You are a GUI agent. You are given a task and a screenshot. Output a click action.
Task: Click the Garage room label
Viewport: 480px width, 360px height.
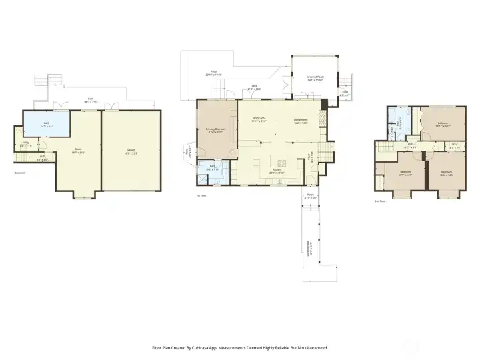(x=131, y=151)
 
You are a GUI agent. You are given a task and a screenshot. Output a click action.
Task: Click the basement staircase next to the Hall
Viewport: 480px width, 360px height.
(x=23, y=158)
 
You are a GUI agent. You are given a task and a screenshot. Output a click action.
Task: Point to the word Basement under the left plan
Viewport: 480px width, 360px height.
(x=20, y=173)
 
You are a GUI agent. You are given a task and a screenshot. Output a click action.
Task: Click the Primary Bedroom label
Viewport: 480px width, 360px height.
(x=215, y=130)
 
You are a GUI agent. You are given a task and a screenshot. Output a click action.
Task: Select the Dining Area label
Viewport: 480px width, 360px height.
(x=259, y=120)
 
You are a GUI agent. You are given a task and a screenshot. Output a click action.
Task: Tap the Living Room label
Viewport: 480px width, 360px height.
(x=301, y=122)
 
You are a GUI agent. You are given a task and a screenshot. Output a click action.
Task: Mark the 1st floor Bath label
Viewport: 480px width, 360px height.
(x=212, y=169)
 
